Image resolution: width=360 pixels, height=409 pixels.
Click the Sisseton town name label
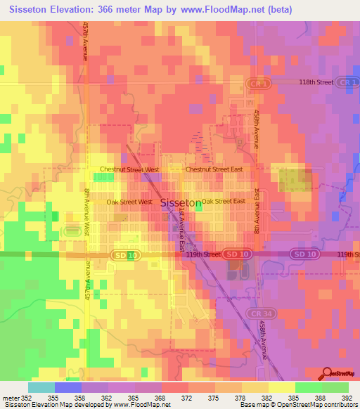(181, 202)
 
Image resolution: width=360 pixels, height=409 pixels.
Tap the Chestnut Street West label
(129, 169)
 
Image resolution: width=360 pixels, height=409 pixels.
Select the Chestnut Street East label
(214, 169)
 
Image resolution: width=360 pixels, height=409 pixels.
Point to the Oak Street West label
(129, 202)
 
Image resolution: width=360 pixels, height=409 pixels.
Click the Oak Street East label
(223, 201)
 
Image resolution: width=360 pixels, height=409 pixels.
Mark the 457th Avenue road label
(85, 40)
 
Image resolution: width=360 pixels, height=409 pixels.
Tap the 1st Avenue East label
(181, 235)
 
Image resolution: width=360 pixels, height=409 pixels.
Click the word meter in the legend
(10, 398)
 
